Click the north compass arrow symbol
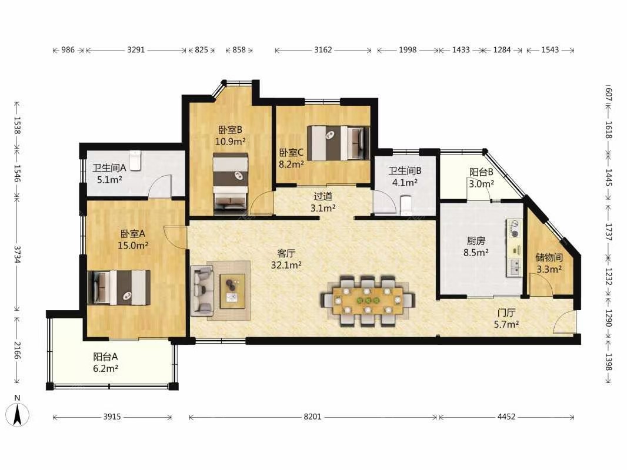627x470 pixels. [17, 415]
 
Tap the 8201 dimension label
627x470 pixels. [312, 417]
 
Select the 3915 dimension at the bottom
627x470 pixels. [112, 417]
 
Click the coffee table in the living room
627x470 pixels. [232, 291]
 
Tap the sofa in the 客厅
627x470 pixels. [202, 290]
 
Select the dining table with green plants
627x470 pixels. [368, 300]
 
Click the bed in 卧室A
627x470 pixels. [119, 287]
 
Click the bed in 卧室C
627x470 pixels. [338, 143]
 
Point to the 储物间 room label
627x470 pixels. [549, 257]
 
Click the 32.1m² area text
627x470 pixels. [286, 265]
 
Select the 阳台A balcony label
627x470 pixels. [105, 357]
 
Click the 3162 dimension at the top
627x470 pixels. [323, 50]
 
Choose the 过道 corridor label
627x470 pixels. [323, 196]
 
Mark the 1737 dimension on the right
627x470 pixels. [608, 231]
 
